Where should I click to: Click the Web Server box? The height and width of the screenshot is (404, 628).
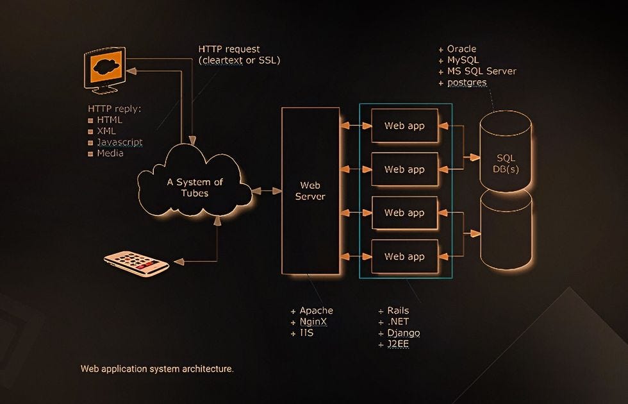pyautogui.click(x=310, y=190)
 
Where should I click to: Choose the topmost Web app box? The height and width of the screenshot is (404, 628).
pyautogui.click(x=404, y=126)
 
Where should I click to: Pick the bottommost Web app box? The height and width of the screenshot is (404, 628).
pyautogui.click(x=404, y=257)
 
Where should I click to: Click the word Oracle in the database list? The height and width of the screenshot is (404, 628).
pyautogui.click(x=461, y=49)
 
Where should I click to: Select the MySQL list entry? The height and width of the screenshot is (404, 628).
pyautogui.click(x=463, y=60)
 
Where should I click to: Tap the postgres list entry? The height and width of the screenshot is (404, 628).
pyautogui.click(x=467, y=83)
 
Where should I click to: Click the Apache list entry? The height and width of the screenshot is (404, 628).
pyautogui.click(x=316, y=310)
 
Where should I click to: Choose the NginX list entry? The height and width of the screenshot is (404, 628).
pyautogui.click(x=315, y=322)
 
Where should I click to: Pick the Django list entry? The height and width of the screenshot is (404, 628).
pyautogui.click(x=404, y=333)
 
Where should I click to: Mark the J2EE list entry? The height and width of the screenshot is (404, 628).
pyautogui.click(x=398, y=344)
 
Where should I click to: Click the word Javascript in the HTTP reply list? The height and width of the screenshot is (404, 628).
pyautogui.click(x=120, y=142)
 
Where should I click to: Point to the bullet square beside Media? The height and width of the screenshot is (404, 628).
pyautogui.click(x=91, y=154)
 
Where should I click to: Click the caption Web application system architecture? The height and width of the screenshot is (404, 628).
pyautogui.click(x=157, y=369)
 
